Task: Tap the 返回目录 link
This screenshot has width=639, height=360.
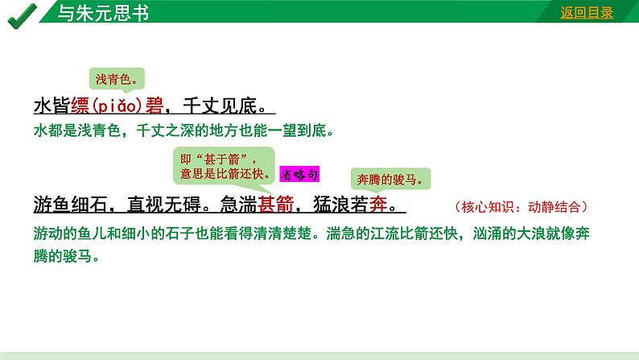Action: click(587, 12)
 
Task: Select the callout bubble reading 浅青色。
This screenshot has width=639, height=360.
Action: click(116, 78)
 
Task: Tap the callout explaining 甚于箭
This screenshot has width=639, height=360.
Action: click(223, 166)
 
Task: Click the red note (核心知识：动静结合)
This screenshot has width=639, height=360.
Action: click(521, 206)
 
